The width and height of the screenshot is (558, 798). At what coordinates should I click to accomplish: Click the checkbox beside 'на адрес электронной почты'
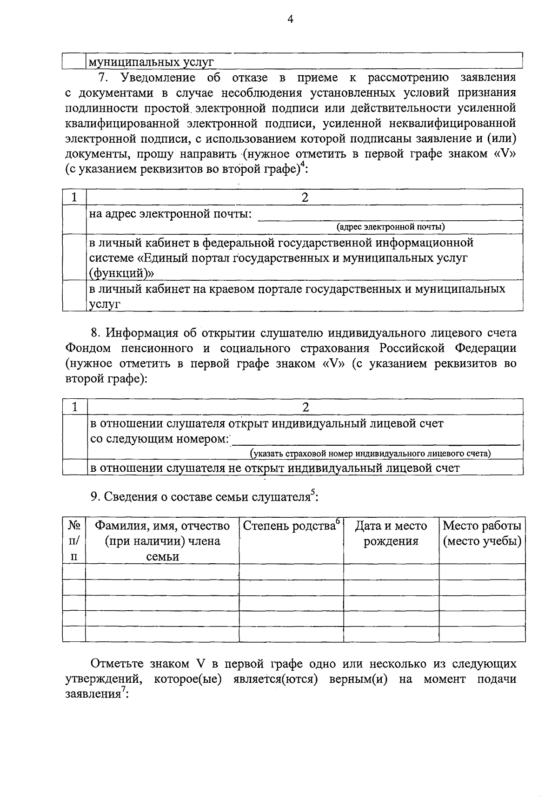click(x=74, y=219)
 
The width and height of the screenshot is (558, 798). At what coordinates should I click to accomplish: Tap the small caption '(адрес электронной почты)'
click(x=391, y=227)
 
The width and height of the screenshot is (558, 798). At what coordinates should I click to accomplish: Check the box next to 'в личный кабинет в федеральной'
click(x=74, y=257)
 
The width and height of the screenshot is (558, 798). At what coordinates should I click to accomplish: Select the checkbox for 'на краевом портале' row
click(x=74, y=296)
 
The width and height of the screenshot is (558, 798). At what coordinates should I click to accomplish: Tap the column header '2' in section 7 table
click(x=305, y=197)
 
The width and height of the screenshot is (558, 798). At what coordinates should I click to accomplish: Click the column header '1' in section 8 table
click(x=74, y=407)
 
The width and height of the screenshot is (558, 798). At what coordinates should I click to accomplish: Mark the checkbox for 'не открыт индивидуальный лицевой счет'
click(x=74, y=468)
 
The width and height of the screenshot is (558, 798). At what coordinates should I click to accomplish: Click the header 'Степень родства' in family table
click(x=289, y=526)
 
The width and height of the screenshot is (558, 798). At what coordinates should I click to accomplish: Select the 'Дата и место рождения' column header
click(x=391, y=534)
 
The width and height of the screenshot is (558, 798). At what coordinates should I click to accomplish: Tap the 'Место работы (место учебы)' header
click(x=482, y=534)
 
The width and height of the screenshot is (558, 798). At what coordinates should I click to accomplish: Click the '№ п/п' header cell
click(x=74, y=541)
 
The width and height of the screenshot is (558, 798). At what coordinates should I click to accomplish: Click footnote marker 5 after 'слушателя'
click(x=313, y=492)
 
